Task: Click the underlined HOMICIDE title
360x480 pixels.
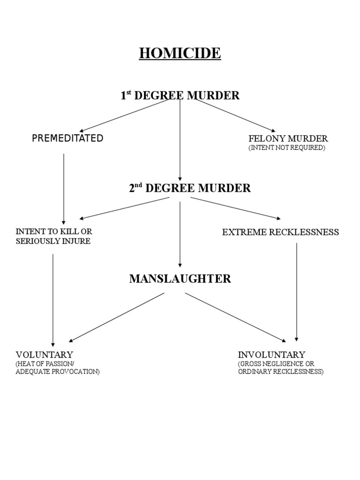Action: tap(180, 53)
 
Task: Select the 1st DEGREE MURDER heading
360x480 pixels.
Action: tap(180, 96)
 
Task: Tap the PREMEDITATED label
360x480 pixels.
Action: tap(67, 138)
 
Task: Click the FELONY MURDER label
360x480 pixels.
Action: tap(288, 138)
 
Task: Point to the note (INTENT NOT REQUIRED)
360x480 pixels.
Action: tap(286, 148)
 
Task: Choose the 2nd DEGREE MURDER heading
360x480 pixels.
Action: tap(189, 188)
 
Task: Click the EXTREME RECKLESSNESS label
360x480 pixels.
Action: tap(280, 232)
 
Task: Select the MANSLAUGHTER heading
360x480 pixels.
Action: tap(180, 279)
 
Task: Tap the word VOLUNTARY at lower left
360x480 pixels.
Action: tap(45, 354)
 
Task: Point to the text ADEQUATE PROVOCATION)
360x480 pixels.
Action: tap(57, 372)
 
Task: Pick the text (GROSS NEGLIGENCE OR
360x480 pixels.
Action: tap(276, 364)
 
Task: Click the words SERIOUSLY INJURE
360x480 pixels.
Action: tap(53, 241)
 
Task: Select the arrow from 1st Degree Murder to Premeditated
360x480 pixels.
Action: tap(124, 115)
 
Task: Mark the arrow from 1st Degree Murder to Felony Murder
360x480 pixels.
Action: tap(234, 115)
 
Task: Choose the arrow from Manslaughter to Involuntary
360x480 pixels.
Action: tap(234, 317)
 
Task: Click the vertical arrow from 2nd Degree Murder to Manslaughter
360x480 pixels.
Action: tap(180, 234)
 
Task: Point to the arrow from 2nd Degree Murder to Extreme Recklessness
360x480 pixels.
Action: tap(234, 208)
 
